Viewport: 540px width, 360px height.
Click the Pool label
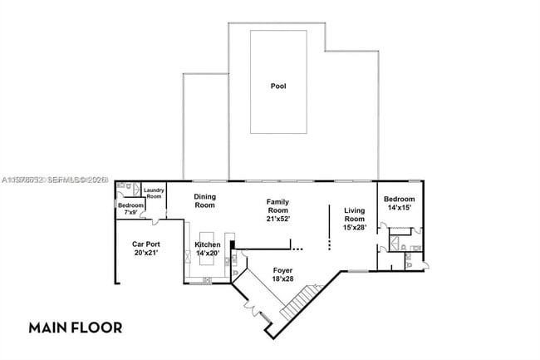(x=278, y=86)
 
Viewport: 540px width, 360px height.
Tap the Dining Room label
(x=204, y=200)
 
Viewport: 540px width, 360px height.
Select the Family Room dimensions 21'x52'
(x=277, y=219)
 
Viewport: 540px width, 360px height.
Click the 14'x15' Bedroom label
(x=399, y=203)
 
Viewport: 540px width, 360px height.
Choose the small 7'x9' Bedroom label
(x=130, y=208)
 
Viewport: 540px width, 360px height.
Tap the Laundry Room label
(x=154, y=193)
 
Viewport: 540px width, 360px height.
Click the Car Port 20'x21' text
(x=146, y=248)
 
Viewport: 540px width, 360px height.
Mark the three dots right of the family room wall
(x=297, y=247)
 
